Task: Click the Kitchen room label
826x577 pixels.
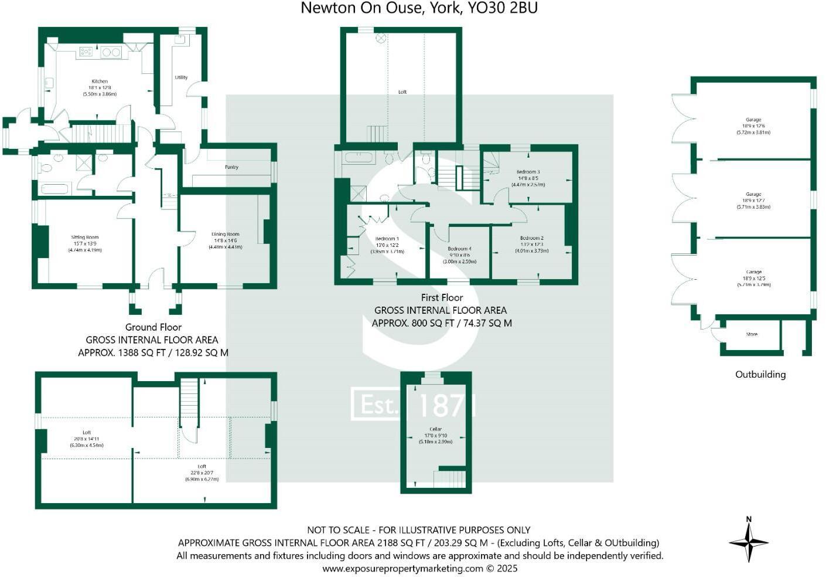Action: (x=100, y=82)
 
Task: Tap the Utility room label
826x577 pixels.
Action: (x=181, y=77)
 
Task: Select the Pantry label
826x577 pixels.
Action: (x=231, y=167)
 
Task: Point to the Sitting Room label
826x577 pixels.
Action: (x=85, y=237)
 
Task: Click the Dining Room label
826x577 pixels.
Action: (x=226, y=234)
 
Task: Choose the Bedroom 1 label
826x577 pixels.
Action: (x=387, y=239)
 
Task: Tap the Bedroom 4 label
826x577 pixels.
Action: (x=459, y=249)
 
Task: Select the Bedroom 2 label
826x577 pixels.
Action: (x=532, y=238)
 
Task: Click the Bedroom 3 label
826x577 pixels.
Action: (x=528, y=172)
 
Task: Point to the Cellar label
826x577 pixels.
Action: (x=435, y=429)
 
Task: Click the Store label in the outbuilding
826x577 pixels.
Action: (x=752, y=334)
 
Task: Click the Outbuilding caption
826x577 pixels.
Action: (x=760, y=374)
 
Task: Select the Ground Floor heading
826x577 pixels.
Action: (x=153, y=327)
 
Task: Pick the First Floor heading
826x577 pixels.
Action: (x=442, y=297)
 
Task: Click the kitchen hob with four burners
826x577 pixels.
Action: (x=86, y=52)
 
